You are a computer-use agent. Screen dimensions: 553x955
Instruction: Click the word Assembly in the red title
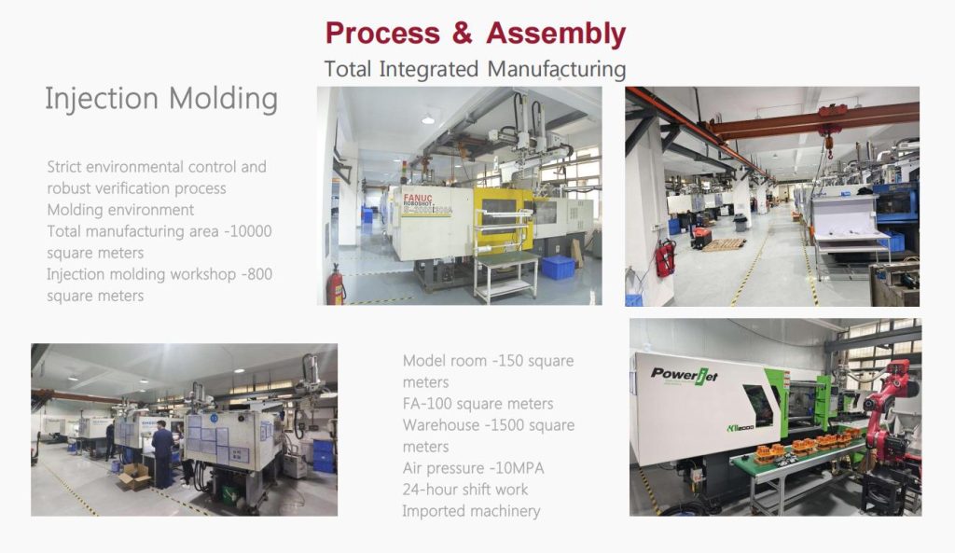coord(556,34)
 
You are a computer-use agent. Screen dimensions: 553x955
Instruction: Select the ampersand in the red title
coord(462,34)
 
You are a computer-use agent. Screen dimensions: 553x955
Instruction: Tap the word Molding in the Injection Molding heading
coord(224,98)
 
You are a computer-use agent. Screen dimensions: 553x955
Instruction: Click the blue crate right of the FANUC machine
coord(558,268)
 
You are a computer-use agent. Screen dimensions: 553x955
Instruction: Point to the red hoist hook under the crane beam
coord(826,143)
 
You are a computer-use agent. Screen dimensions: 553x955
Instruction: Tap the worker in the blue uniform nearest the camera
coord(162,452)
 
